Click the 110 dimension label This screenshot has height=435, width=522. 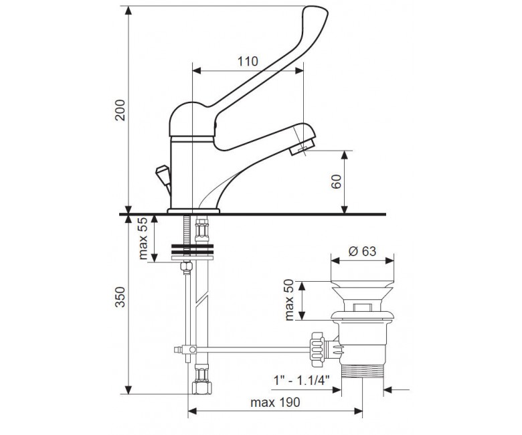(248, 62)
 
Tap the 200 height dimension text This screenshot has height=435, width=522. (120, 110)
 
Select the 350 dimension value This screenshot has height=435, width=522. (120, 297)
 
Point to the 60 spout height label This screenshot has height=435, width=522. (337, 181)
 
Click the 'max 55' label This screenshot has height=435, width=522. (143, 238)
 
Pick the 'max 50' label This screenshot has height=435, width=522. (289, 300)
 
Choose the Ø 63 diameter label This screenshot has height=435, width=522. (362, 251)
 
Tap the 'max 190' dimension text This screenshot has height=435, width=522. (275, 402)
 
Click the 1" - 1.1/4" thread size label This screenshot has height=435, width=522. (301, 379)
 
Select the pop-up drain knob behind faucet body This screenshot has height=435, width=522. (163, 176)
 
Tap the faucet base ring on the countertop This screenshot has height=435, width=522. (193, 211)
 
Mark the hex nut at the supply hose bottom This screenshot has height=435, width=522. (201, 388)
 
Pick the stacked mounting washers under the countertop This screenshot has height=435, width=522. (192, 252)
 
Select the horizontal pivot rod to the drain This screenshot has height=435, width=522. (253, 349)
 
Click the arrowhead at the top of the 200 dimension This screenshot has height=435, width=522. (128, 10)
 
